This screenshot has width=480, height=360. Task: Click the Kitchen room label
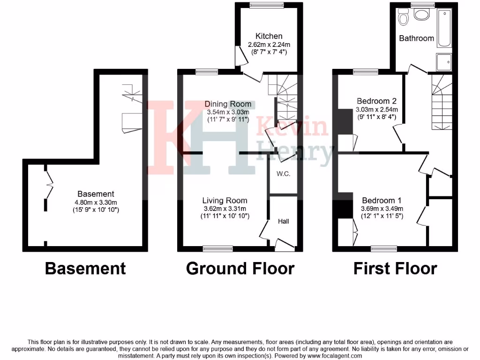tap(269, 36)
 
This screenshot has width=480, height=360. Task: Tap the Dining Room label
tap(229, 104)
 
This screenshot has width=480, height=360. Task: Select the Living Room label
tap(225, 201)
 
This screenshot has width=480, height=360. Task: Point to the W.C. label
tap(283, 174)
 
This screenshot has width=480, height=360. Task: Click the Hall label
tap(283, 221)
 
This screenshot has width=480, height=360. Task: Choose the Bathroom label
tap(416, 38)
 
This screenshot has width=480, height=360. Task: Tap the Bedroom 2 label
tap(377, 101)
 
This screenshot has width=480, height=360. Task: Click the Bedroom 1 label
tap(382, 201)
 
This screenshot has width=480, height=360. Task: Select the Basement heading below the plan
tap(85, 269)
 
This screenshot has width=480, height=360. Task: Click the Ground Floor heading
tap(240, 269)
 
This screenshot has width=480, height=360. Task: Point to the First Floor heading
tap(395, 269)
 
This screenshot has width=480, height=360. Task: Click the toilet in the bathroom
tap(403, 18)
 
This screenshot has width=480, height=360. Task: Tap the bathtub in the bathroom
tap(444, 29)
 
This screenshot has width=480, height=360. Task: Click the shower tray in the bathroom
tap(444, 60)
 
